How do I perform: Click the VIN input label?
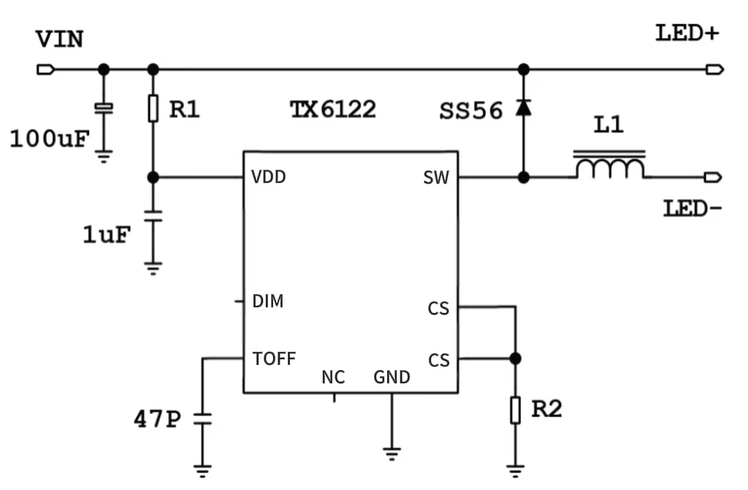60,39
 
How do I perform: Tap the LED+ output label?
687,33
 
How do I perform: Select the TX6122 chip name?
333,110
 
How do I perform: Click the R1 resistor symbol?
153,108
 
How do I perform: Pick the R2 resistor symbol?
516,410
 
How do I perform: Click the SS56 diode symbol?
523,108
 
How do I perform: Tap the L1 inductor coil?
609,167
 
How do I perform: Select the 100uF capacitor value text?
50,139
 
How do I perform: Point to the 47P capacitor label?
156,420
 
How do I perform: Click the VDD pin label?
268,177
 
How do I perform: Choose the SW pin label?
436,178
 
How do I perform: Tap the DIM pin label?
268,301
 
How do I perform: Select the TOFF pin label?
274,359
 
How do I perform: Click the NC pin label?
333,378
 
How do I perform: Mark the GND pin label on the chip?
392,378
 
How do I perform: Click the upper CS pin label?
438,309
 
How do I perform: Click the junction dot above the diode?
523,69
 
